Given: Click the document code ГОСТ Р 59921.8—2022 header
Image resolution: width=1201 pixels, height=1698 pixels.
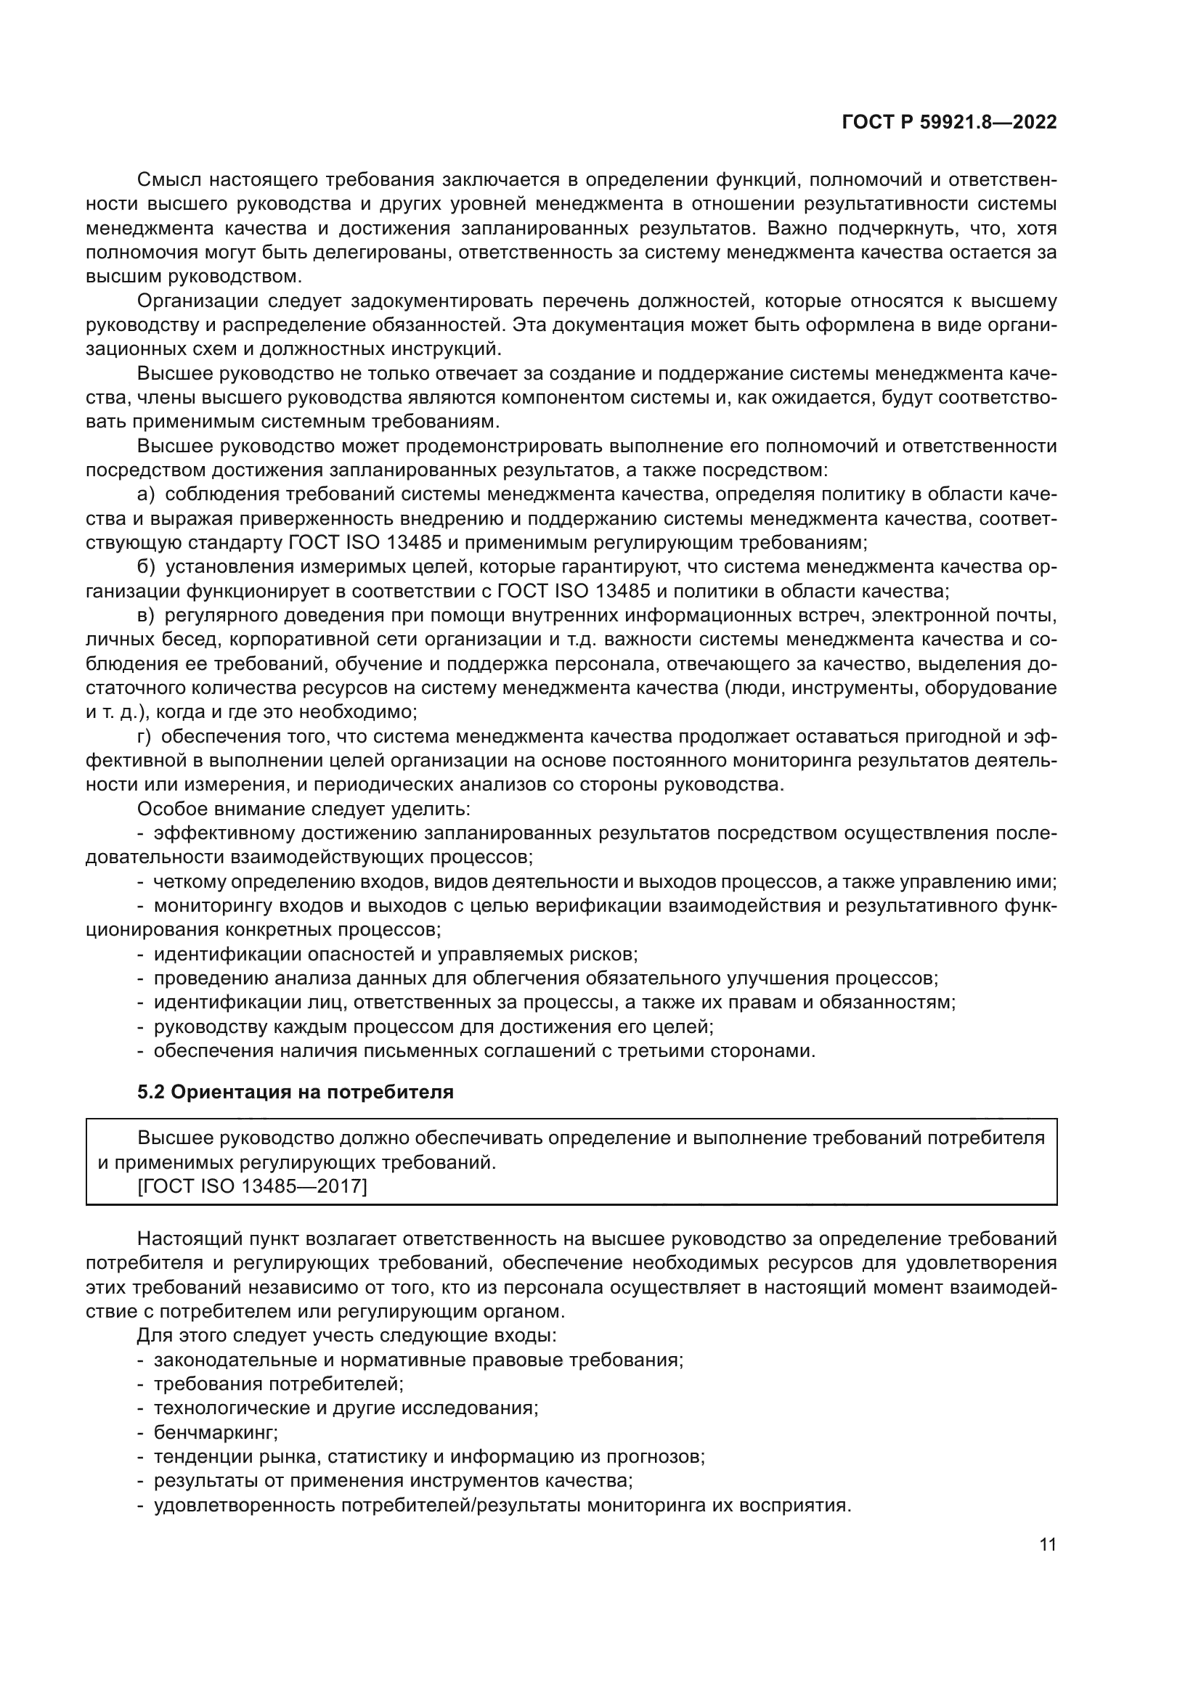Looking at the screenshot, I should (949, 123).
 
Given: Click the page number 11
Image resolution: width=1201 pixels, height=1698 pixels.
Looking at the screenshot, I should (1047, 1545).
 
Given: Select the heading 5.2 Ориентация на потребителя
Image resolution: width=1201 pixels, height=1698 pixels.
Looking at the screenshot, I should (295, 1093).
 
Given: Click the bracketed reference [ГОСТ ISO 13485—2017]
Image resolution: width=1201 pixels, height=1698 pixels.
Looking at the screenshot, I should (252, 1186).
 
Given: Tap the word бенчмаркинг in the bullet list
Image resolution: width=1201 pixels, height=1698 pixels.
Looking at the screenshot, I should (215, 1432).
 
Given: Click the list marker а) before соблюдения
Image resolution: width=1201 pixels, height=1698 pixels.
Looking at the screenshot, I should (146, 494).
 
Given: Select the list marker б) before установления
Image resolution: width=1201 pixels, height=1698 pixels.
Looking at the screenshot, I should (146, 567).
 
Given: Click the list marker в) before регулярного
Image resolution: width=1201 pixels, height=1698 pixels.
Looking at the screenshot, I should (146, 616).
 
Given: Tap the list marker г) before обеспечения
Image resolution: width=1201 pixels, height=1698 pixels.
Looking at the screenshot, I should (144, 737).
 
